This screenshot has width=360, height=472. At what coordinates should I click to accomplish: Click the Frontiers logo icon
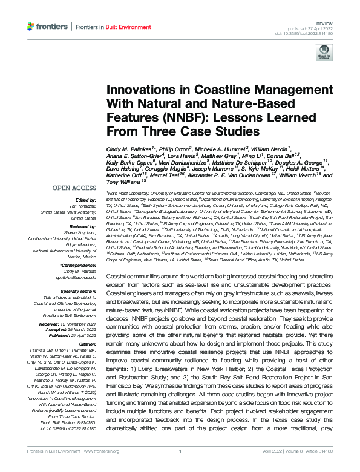31,27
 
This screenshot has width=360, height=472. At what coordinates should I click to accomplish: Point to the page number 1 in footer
180,467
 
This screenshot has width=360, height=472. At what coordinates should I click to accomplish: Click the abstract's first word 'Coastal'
118,276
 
